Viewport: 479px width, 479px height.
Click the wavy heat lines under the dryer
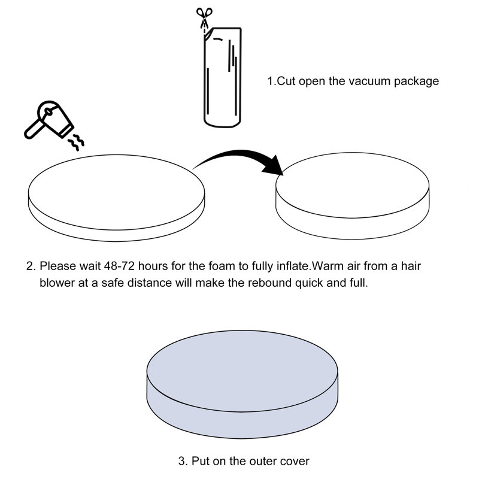pos(76,143)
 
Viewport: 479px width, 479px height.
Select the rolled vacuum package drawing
pos(222,77)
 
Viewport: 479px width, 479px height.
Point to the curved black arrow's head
pos(274,166)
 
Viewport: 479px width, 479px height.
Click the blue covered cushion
pos(242,384)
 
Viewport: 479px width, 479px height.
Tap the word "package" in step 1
pos(416,82)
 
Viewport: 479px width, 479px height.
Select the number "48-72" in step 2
pos(119,266)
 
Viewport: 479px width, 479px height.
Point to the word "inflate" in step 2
pos(293,266)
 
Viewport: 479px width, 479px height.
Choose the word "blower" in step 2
pos(57,283)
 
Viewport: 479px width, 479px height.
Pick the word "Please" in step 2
pos(57,266)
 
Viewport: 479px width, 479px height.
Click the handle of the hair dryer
pos(33,130)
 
